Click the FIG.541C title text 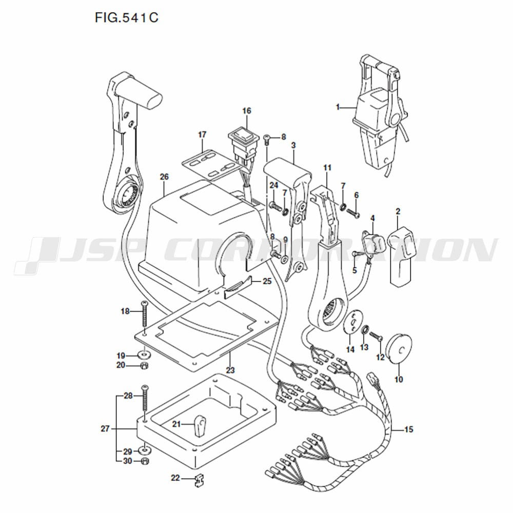[x=127, y=17]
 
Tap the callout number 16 [x=247, y=111]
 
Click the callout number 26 [x=164, y=176]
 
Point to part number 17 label [x=202, y=134]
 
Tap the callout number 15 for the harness [x=409, y=429]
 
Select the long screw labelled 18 [x=145, y=314]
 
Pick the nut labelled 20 [x=144, y=365]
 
